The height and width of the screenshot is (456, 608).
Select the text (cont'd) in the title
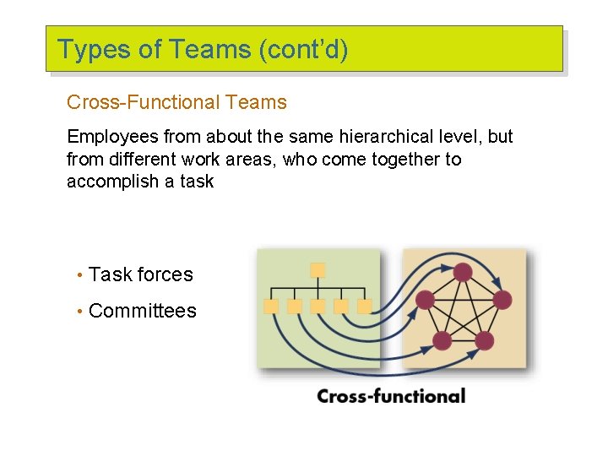303,50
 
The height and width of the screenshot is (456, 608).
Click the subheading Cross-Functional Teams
176,103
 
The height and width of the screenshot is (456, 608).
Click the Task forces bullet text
140,274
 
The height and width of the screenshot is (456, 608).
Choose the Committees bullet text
142,311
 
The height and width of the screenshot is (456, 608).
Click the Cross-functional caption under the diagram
391,396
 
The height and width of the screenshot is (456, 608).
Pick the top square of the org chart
318,270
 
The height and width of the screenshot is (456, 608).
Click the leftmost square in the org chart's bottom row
272,307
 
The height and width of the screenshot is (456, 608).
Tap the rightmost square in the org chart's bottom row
365,307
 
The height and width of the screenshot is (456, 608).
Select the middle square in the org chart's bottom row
318,307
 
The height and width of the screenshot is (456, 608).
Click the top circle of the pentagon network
463,272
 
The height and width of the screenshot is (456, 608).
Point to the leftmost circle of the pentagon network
426,300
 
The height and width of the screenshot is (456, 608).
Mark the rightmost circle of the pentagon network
502,300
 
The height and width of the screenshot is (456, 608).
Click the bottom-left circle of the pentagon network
442,340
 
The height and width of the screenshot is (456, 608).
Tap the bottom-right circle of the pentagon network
485,340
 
